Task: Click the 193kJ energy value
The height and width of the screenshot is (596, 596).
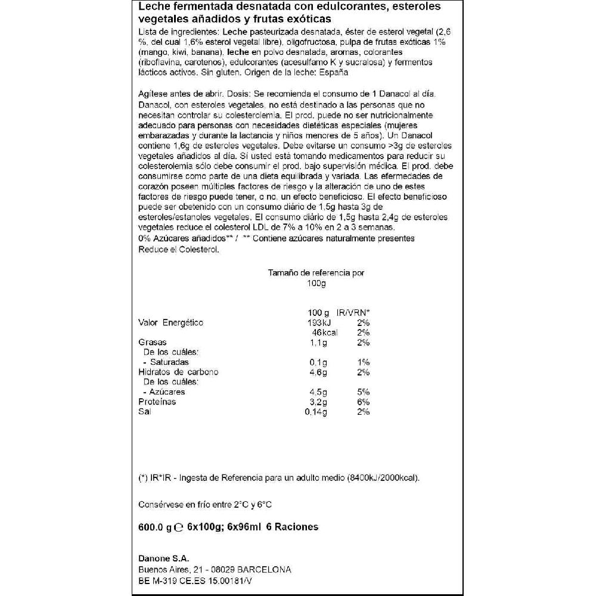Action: (x=321, y=322)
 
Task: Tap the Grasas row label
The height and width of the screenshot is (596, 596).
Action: (x=151, y=343)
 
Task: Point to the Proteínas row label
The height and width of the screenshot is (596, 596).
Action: (x=157, y=402)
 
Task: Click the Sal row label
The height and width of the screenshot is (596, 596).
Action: (x=144, y=412)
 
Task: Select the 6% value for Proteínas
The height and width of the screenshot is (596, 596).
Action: (x=364, y=402)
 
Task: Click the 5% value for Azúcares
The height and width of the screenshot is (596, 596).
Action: (x=364, y=392)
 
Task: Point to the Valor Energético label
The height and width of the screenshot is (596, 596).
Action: (x=170, y=322)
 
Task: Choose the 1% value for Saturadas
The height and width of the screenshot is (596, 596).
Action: (x=364, y=362)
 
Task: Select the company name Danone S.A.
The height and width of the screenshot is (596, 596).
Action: (x=163, y=558)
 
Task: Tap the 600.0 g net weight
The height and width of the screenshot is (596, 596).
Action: (x=154, y=527)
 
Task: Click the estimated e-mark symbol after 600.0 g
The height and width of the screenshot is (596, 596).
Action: (x=178, y=527)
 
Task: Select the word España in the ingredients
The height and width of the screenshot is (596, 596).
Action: (x=333, y=72)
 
